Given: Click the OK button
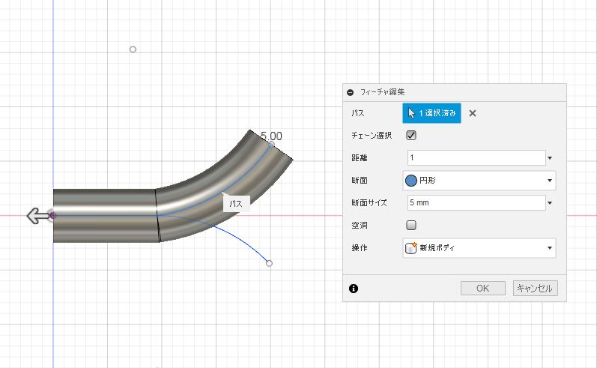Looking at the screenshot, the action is [x=483, y=289].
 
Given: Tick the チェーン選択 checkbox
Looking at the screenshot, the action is [x=411, y=135].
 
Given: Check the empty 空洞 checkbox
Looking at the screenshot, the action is [x=411, y=225].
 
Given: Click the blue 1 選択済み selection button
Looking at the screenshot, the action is [x=431, y=113].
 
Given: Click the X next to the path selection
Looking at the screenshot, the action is [x=473, y=113].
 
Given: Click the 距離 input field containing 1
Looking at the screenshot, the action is [x=476, y=157].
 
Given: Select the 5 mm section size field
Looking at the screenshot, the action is [x=476, y=202].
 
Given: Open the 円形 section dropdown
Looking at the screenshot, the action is [x=479, y=180].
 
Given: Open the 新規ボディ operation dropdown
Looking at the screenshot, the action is [x=479, y=248].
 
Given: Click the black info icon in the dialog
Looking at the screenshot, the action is [x=354, y=289].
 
